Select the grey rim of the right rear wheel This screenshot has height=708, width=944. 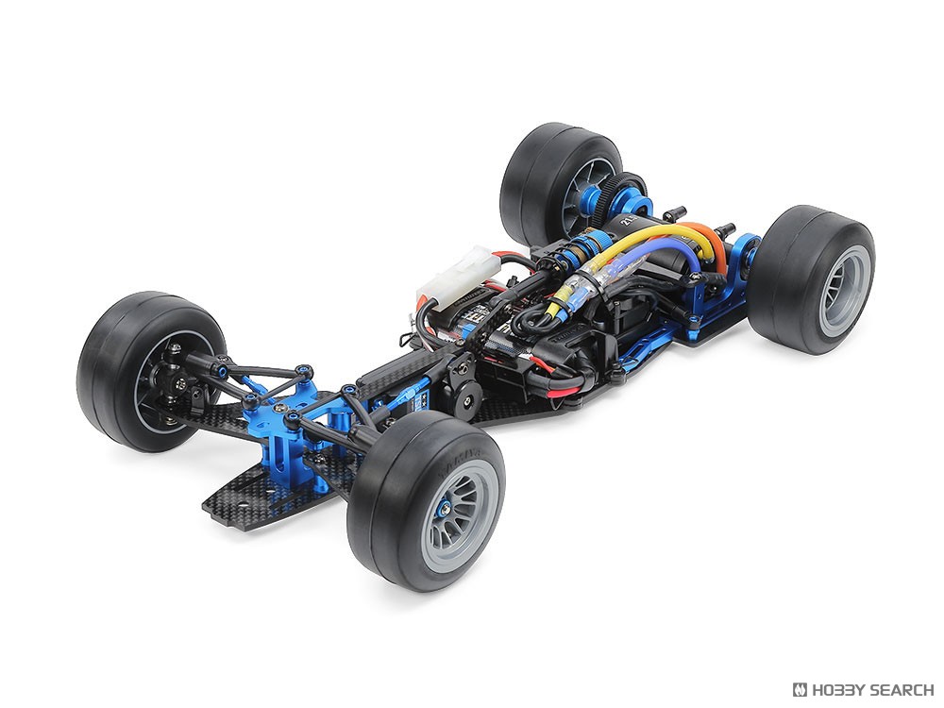pos(843,291)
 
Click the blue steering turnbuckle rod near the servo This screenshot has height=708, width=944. pos(397,397)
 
